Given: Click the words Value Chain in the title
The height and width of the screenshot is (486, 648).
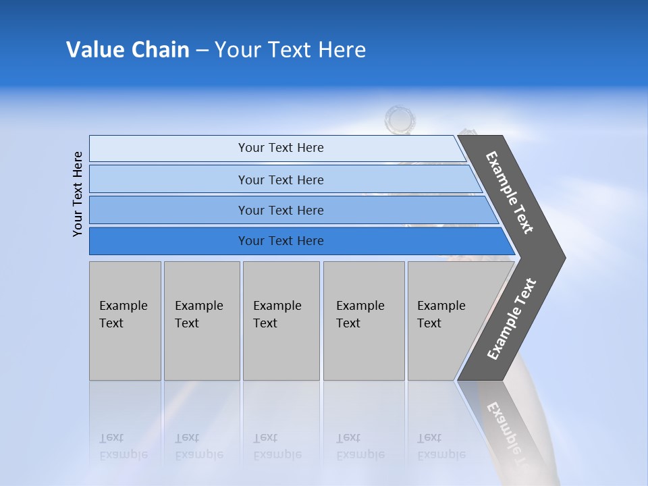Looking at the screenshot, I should pos(128,50).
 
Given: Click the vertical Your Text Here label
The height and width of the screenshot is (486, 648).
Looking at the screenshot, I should pos(78,194).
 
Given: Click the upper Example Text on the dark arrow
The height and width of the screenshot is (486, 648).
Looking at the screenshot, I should pos(510,192).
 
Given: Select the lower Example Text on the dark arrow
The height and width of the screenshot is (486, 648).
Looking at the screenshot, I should pos(512,319).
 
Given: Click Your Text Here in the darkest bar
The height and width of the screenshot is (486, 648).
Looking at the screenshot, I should pos(281,241).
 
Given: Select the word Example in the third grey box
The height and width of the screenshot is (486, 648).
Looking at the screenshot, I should pos(277,306).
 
